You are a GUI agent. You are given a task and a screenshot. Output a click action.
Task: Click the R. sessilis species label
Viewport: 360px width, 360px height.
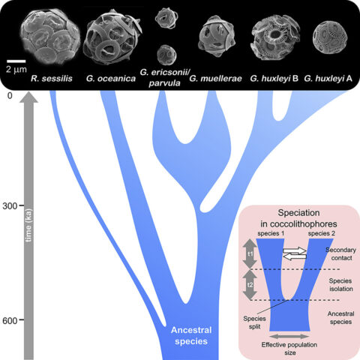[x=52, y=79]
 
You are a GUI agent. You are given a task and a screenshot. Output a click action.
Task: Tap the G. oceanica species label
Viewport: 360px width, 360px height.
[x=111, y=79]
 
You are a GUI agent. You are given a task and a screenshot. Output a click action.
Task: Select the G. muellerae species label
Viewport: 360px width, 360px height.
[x=215, y=79]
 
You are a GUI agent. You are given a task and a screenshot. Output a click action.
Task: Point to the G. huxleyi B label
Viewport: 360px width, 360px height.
[x=274, y=79]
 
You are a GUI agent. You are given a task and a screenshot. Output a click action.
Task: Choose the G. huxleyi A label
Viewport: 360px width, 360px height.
[x=328, y=79]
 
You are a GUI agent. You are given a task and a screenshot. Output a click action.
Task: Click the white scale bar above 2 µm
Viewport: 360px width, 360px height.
[x=16, y=61]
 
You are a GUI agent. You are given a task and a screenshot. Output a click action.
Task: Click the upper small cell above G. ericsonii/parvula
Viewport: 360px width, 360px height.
[x=166, y=17]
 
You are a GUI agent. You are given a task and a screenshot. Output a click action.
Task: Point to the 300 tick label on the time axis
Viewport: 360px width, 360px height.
[x=10, y=206]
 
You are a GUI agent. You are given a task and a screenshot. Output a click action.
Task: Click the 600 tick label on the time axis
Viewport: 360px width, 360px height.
[x=10, y=320]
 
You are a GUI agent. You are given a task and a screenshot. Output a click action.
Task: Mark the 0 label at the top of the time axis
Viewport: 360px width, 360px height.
[x=10, y=95]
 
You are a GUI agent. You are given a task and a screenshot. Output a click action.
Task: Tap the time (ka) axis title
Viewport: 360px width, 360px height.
[x=28, y=225]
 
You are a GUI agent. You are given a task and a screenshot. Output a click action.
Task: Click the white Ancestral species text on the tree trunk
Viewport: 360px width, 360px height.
[x=191, y=335]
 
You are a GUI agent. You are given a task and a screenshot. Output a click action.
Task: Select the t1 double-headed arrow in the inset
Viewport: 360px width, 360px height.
[x=250, y=253]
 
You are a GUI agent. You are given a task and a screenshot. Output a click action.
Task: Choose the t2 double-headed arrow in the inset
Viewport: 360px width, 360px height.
[x=250, y=285]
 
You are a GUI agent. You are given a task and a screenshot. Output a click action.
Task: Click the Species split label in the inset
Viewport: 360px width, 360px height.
[x=254, y=322]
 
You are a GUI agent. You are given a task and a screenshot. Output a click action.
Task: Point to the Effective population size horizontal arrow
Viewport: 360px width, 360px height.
[x=289, y=336]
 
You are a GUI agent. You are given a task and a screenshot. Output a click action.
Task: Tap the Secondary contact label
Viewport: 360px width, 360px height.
[x=341, y=253]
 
